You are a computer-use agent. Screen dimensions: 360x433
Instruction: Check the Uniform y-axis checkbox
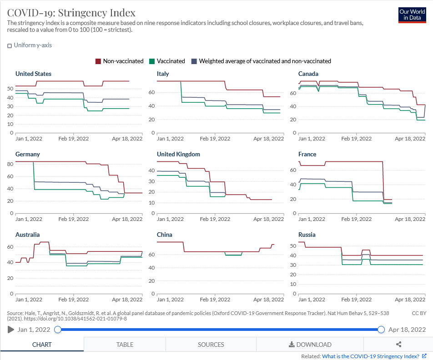click(10, 45)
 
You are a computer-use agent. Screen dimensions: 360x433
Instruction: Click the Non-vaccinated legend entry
click(119, 61)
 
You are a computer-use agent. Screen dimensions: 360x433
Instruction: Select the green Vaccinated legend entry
click(168, 61)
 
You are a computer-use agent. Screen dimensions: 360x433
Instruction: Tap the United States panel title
click(33, 74)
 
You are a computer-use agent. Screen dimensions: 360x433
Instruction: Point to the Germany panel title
click(28, 154)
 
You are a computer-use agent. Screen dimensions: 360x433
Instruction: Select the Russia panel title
click(307, 235)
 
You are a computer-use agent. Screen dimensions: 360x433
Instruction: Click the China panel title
click(165, 235)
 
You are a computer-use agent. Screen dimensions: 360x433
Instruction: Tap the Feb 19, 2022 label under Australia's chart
click(74, 300)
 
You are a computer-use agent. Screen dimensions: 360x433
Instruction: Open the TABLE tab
click(125, 345)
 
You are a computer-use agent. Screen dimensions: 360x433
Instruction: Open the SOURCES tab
click(211, 345)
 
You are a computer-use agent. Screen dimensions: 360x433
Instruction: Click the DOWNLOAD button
click(310, 345)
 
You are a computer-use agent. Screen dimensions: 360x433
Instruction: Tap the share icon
click(399, 345)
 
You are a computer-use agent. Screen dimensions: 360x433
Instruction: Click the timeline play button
click(11, 330)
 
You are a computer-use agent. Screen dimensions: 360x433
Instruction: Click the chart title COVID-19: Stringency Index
click(71, 12)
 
